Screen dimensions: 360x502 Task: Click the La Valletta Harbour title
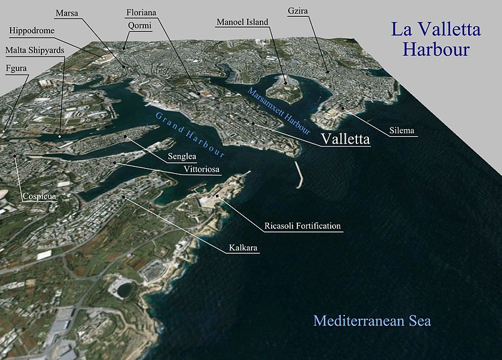click(435, 39)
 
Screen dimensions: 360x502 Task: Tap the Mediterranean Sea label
click(372, 321)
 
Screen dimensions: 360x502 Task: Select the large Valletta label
click(345, 139)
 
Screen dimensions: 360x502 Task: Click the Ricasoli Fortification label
click(302, 226)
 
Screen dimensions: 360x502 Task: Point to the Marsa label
click(67, 13)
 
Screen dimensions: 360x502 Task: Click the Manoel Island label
click(242, 22)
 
